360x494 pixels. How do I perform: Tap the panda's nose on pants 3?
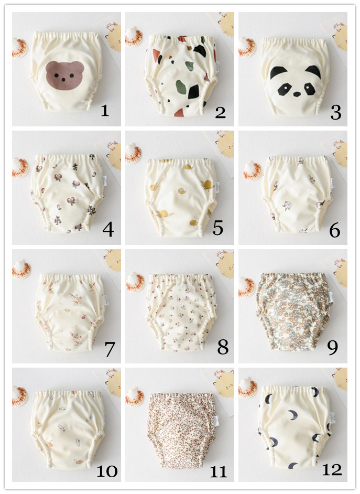pos(297,94)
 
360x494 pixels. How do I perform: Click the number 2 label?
pos(220,112)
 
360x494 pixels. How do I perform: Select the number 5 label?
pos(218,228)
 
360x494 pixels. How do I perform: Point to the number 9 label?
pos(332,348)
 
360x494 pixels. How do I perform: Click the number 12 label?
pos(332,470)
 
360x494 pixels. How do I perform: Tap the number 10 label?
pos(107,471)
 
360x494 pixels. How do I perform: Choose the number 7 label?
pos(110,349)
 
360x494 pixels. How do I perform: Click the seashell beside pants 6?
pos(252,170)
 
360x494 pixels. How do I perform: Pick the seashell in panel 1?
pos(19,48)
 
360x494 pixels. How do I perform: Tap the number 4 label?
pos(108,230)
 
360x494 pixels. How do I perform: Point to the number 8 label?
pos(223,348)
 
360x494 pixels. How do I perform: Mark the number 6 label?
pos(334,230)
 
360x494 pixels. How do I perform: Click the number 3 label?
pos(336,112)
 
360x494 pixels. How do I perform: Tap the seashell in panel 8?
pos(135,282)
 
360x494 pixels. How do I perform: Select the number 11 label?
pos(218,471)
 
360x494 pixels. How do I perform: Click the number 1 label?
pos(105,111)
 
